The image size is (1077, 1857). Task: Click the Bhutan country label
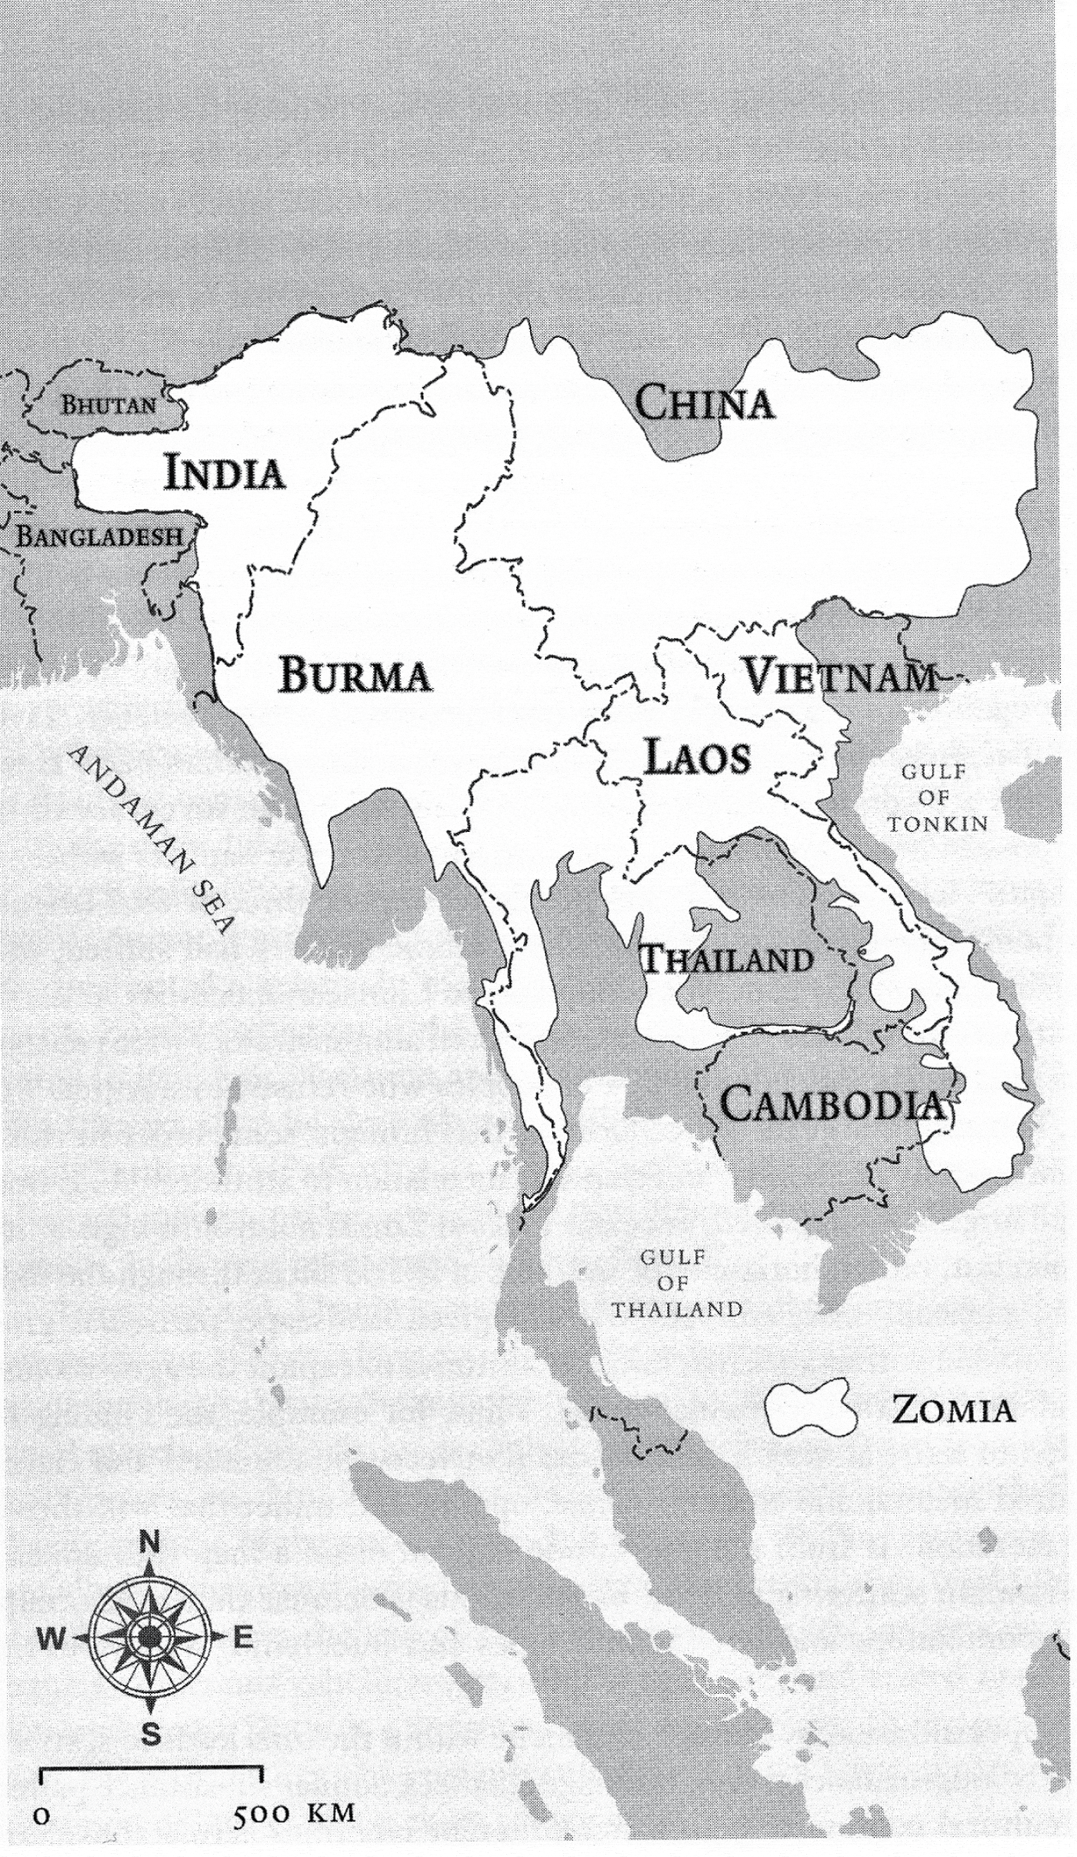[x=108, y=405]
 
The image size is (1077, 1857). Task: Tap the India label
[x=225, y=473]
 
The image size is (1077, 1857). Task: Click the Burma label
[x=355, y=676]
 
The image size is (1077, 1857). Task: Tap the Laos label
[x=697, y=757]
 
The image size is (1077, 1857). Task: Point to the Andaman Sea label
[x=151, y=839]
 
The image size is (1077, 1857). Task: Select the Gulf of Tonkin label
[x=938, y=798]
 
